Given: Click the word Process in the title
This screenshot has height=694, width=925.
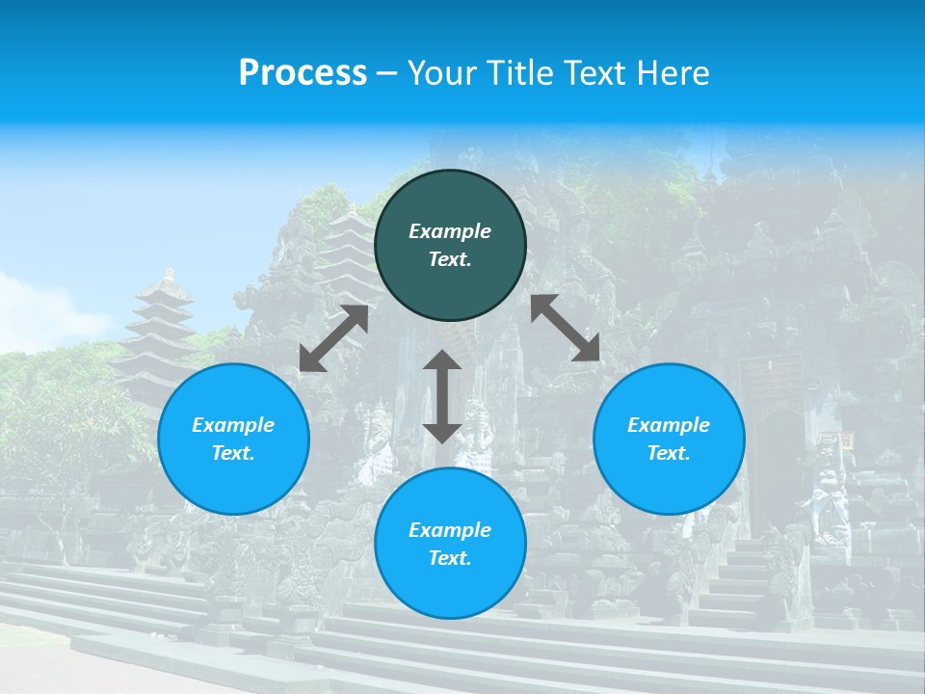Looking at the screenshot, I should pyautogui.click(x=303, y=73).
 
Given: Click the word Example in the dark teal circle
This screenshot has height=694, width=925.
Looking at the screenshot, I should pyautogui.click(x=450, y=231).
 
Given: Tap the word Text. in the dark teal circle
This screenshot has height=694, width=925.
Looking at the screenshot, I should pyautogui.click(x=450, y=259).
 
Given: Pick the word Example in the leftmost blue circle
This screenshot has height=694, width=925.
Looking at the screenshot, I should pyautogui.click(x=233, y=425).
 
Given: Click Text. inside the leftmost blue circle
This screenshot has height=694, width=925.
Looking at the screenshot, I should pyautogui.click(x=233, y=453).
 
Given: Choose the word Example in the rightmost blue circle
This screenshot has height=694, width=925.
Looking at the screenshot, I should pyautogui.click(x=669, y=425).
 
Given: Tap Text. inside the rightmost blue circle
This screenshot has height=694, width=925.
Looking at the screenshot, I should pyautogui.click(x=669, y=453).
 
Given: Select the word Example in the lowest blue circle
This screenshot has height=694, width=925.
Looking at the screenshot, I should pyautogui.click(x=450, y=530).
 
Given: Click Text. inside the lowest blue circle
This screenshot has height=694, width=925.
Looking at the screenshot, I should pyautogui.click(x=450, y=558).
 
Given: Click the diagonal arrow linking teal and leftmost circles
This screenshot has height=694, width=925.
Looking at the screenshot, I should pyautogui.click(x=333, y=338).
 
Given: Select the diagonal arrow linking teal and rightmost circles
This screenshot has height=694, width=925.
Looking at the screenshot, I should pyautogui.click(x=566, y=329).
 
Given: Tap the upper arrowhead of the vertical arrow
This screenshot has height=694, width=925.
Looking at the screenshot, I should pyautogui.click(x=442, y=362).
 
